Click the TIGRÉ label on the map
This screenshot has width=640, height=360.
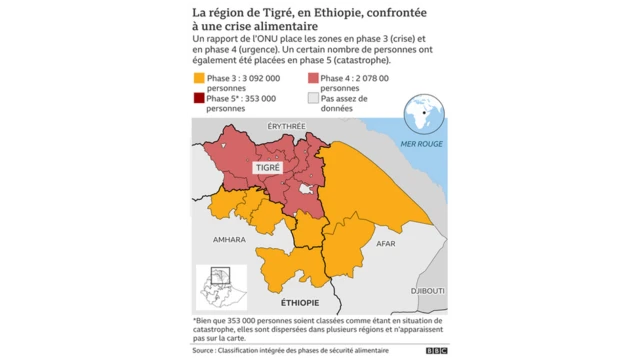[268, 170]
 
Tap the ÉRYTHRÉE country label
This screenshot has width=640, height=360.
[286, 126]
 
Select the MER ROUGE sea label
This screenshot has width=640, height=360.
[421, 144]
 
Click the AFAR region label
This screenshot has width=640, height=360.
[386, 243]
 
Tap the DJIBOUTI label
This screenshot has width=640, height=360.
[428, 290]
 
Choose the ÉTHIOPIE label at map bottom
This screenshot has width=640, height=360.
[300, 302]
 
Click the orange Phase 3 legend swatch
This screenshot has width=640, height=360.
[199, 77]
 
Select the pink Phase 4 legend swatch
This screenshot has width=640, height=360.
[312, 77]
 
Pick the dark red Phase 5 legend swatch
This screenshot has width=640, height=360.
[199, 99]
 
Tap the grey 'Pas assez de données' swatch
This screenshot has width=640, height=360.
[312, 99]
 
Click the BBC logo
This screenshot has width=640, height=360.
[436, 351]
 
